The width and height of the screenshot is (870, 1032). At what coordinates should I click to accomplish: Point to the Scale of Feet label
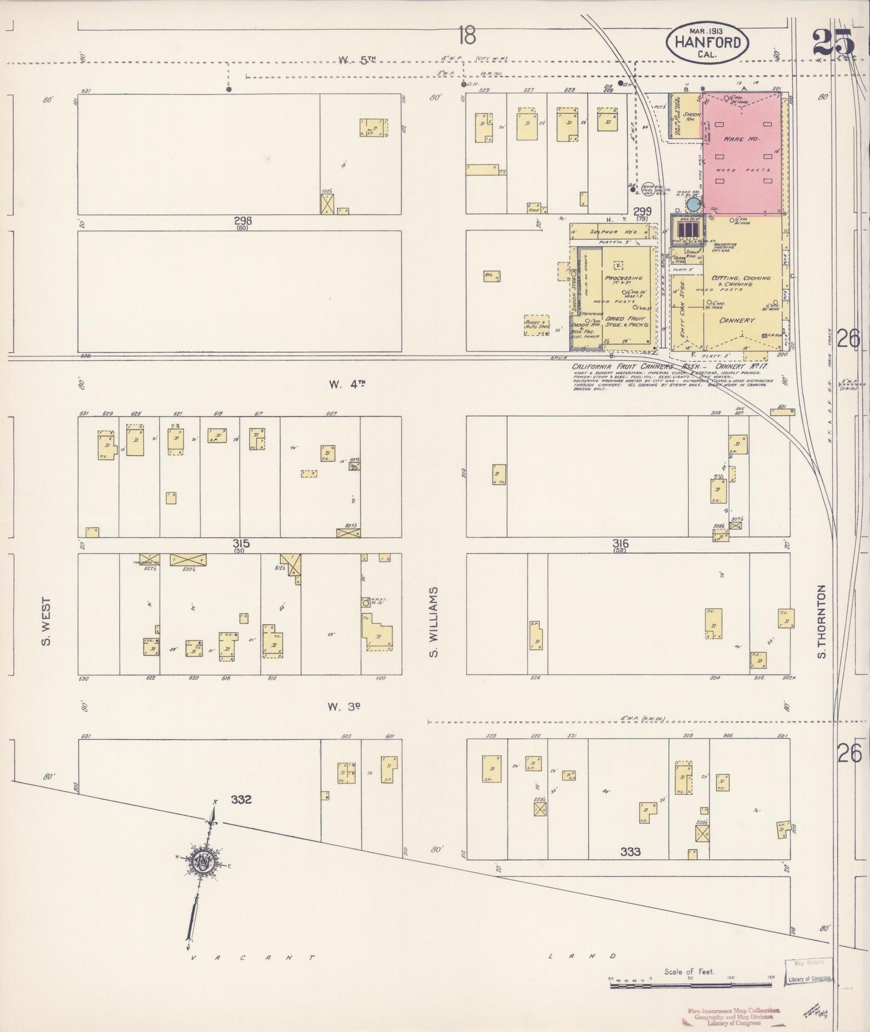[689, 971]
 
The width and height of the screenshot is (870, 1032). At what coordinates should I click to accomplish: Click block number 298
[243, 221]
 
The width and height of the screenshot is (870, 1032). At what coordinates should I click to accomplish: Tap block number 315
[241, 543]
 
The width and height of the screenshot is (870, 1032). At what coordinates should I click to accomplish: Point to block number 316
[620, 543]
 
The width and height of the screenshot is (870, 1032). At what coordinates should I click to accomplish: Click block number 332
[240, 800]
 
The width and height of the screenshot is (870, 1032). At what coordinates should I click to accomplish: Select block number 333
[630, 851]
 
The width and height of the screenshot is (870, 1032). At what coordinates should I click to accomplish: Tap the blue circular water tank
[694, 205]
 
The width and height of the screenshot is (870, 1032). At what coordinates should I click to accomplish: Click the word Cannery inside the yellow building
[736, 320]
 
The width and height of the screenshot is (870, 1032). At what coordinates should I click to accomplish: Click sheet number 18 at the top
[466, 36]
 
